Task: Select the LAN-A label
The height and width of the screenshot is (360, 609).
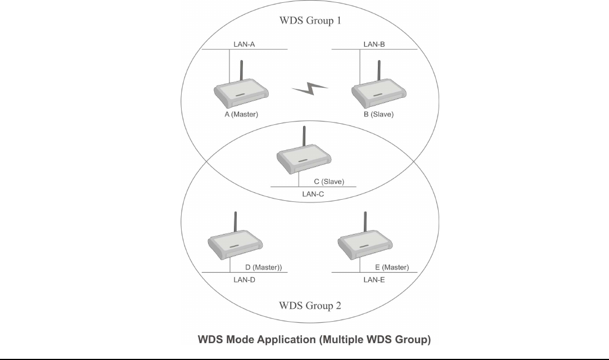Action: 245,44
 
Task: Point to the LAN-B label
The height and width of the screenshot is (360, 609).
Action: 374,44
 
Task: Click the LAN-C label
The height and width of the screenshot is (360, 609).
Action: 314,193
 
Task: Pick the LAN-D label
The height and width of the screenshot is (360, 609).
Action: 245,280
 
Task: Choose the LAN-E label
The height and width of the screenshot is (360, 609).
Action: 374,280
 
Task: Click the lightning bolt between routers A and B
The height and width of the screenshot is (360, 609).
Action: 310,88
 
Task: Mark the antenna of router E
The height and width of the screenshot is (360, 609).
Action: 366,223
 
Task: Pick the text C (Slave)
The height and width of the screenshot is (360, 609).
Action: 329,182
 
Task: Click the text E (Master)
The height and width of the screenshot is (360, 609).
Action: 391,267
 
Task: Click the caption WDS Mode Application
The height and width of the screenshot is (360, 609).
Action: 313,340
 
